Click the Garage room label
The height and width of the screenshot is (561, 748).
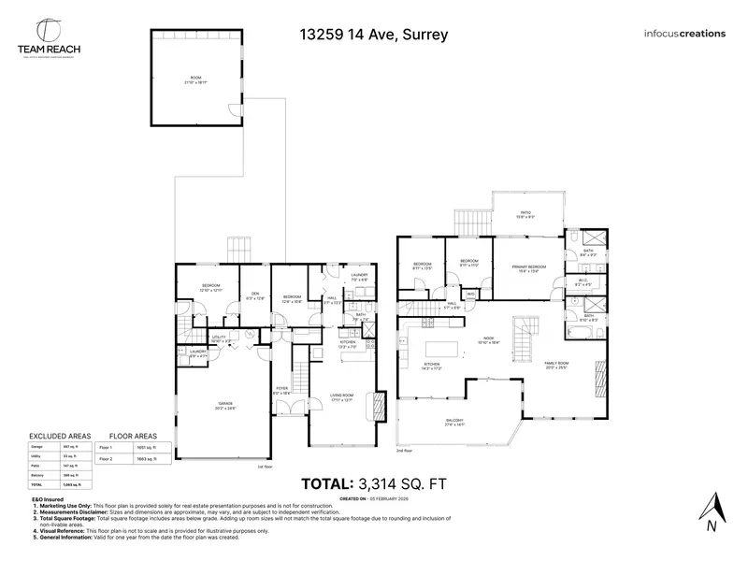(x=226, y=405)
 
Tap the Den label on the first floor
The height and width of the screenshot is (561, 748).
(x=253, y=295)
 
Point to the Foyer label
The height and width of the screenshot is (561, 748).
(x=281, y=391)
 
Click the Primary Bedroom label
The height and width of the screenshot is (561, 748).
(x=528, y=268)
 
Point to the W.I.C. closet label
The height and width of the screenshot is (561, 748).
(x=582, y=281)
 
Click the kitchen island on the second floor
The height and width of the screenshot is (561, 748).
(x=447, y=351)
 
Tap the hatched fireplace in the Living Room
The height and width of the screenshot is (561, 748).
(x=378, y=404)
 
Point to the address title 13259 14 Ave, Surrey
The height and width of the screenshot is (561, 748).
(x=373, y=35)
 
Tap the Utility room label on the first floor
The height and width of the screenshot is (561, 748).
(x=221, y=338)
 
